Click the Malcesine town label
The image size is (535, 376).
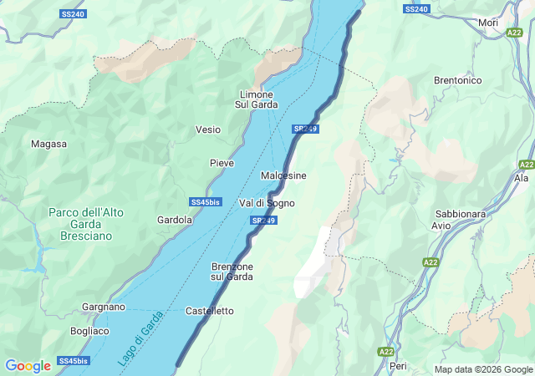pyautogui.click(x=283, y=175)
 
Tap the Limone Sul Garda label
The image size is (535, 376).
pyautogui.click(x=257, y=99)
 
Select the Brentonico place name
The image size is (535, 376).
pyautogui.click(x=458, y=80)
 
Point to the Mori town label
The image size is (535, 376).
pyautogui.click(x=488, y=23)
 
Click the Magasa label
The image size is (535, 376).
pyautogui.click(x=48, y=144)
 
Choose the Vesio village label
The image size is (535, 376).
pyautogui.click(x=208, y=130)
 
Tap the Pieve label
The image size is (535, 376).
pyautogui.click(x=222, y=162)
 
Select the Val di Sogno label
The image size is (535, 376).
pyautogui.click(x=267, y=203)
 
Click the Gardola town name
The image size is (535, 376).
pyautogui.click(x=175, y=220)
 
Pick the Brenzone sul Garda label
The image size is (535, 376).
pyautogui.click(x=232, y=272)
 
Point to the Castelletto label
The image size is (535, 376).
pyautogui.click(x=210, y=311)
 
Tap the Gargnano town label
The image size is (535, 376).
pyautogui.click(x=104, y=307)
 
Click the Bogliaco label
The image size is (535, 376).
pyautogui.click(x=90, y=331)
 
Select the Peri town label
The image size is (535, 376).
pyautogui.click(x=398, y=366)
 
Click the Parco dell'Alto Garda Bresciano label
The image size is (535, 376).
pyautogui.click(x=86, y=224)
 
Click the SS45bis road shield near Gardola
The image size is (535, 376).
pyautogui.click(x=205, y=203)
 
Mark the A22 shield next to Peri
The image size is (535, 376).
pyautogui.click(x=385, y=352)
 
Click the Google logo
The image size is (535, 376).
pyautogui.click(x=28, y=366)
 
